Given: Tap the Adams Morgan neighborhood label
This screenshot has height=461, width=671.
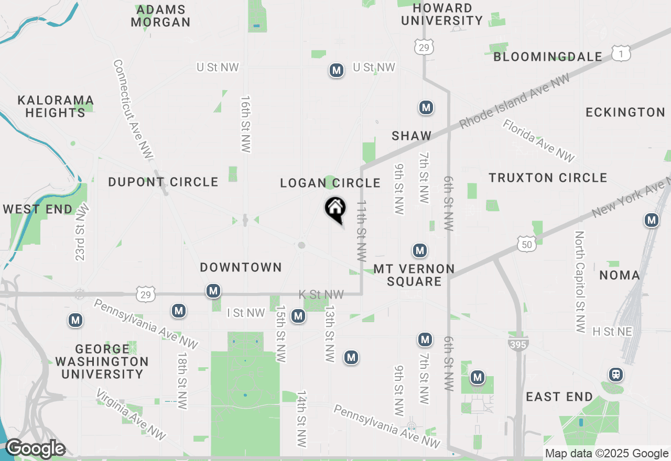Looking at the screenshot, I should [160, 16].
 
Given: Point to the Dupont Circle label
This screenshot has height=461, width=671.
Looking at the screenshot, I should [163, 182].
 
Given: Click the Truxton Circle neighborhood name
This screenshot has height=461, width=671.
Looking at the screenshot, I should [548, 178].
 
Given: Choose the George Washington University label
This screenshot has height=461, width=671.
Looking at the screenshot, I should [102, 361].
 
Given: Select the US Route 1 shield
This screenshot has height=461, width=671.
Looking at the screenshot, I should [621, 52].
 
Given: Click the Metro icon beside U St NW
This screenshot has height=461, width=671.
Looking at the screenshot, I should [336, 70].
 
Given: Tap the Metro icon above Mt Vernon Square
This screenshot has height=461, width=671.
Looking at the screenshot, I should [419, 251].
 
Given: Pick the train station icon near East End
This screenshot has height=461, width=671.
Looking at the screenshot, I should [615, 375].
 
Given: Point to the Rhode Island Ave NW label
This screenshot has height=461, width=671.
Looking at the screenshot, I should [514, 102].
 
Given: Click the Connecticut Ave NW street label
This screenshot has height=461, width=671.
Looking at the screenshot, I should [133, 109].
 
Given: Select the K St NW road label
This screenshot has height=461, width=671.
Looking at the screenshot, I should [321, 295].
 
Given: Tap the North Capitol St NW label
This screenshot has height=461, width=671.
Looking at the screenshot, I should [579, 282].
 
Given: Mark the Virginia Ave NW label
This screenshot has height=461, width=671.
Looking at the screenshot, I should [131, 414].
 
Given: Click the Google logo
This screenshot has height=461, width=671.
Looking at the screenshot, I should [35, 449].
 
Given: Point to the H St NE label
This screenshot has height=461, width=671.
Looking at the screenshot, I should [612, 332].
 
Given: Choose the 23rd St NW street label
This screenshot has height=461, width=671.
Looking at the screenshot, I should [82, 232].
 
